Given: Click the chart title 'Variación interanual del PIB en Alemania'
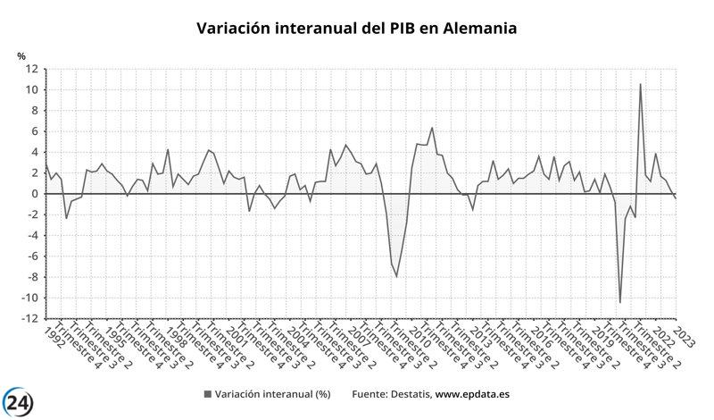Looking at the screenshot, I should tap(356, 29).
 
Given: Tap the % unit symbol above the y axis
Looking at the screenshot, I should tap(22, 56).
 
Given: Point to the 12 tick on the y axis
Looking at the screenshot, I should tap(31, 69).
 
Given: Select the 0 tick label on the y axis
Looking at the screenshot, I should tap(34, 194).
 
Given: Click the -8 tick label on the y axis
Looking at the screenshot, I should tap(31, 277).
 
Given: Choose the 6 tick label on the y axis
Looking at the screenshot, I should tap(34, 131).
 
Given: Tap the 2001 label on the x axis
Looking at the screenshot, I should tap(237, 338).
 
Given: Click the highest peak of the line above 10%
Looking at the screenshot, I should tap(640, 85).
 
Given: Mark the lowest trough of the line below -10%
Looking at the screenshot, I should tap(620, 302).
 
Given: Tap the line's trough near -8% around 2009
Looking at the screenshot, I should tap(397, 276).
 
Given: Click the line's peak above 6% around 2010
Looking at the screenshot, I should tap(433, 128).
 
